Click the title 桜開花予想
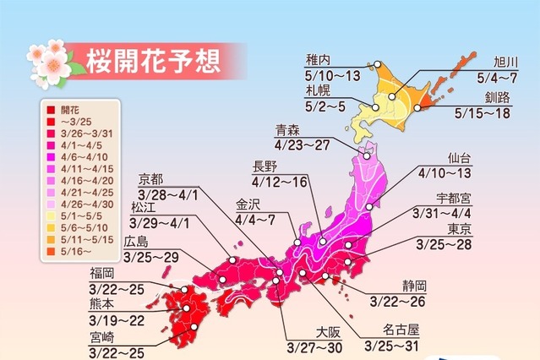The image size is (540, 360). pyautogui.click(x=152, y=61)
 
